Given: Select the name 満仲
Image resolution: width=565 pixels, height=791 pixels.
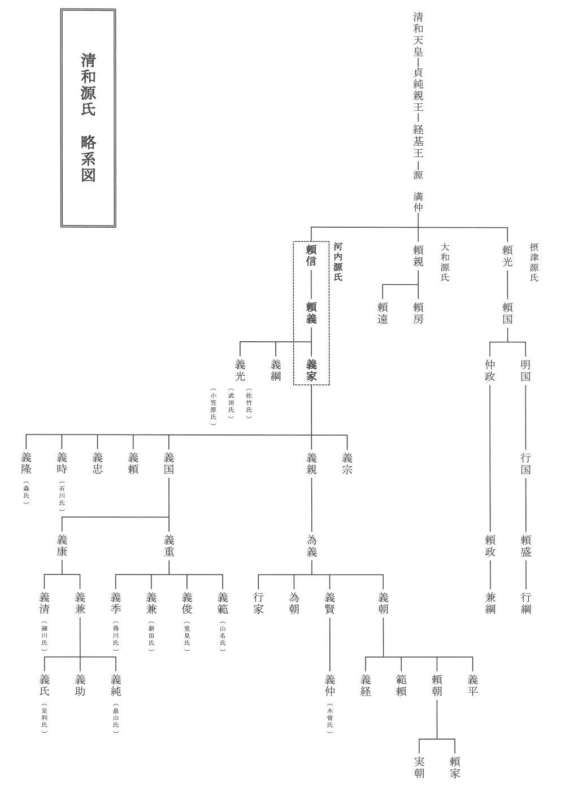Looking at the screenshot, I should click(x=418, y=202).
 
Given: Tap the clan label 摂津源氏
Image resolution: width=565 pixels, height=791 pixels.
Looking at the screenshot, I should click(x=534, y=262).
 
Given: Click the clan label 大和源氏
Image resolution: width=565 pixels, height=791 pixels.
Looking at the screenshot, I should click(x=445, y=262).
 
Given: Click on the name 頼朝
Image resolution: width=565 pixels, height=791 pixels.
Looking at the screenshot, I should click(x=437, y=684).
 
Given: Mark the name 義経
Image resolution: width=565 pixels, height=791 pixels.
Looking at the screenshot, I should click(x=366, y=684).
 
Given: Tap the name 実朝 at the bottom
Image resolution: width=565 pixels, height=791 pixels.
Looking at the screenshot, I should click(x=419, y=767).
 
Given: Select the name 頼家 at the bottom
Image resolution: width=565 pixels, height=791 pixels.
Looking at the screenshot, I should click(x=455, y=767).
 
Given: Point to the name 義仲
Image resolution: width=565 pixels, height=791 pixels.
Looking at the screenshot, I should click(x=329, y=684).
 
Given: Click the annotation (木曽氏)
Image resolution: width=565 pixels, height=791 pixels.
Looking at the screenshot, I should click(x=329, y=718).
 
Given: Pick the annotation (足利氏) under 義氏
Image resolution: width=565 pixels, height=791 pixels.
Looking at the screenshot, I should click(x=44, y=718).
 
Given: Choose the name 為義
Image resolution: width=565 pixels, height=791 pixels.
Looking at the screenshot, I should click(x=311, y=545).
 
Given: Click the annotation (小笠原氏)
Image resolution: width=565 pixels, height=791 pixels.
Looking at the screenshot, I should click(x=213, y=407).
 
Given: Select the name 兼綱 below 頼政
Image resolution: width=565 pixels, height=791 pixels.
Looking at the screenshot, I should click(x=490, y=602).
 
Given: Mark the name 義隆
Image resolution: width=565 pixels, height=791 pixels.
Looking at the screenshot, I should click(x=26, y=463).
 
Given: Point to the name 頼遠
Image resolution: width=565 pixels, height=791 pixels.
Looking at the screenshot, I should click(x=383, y=312).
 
